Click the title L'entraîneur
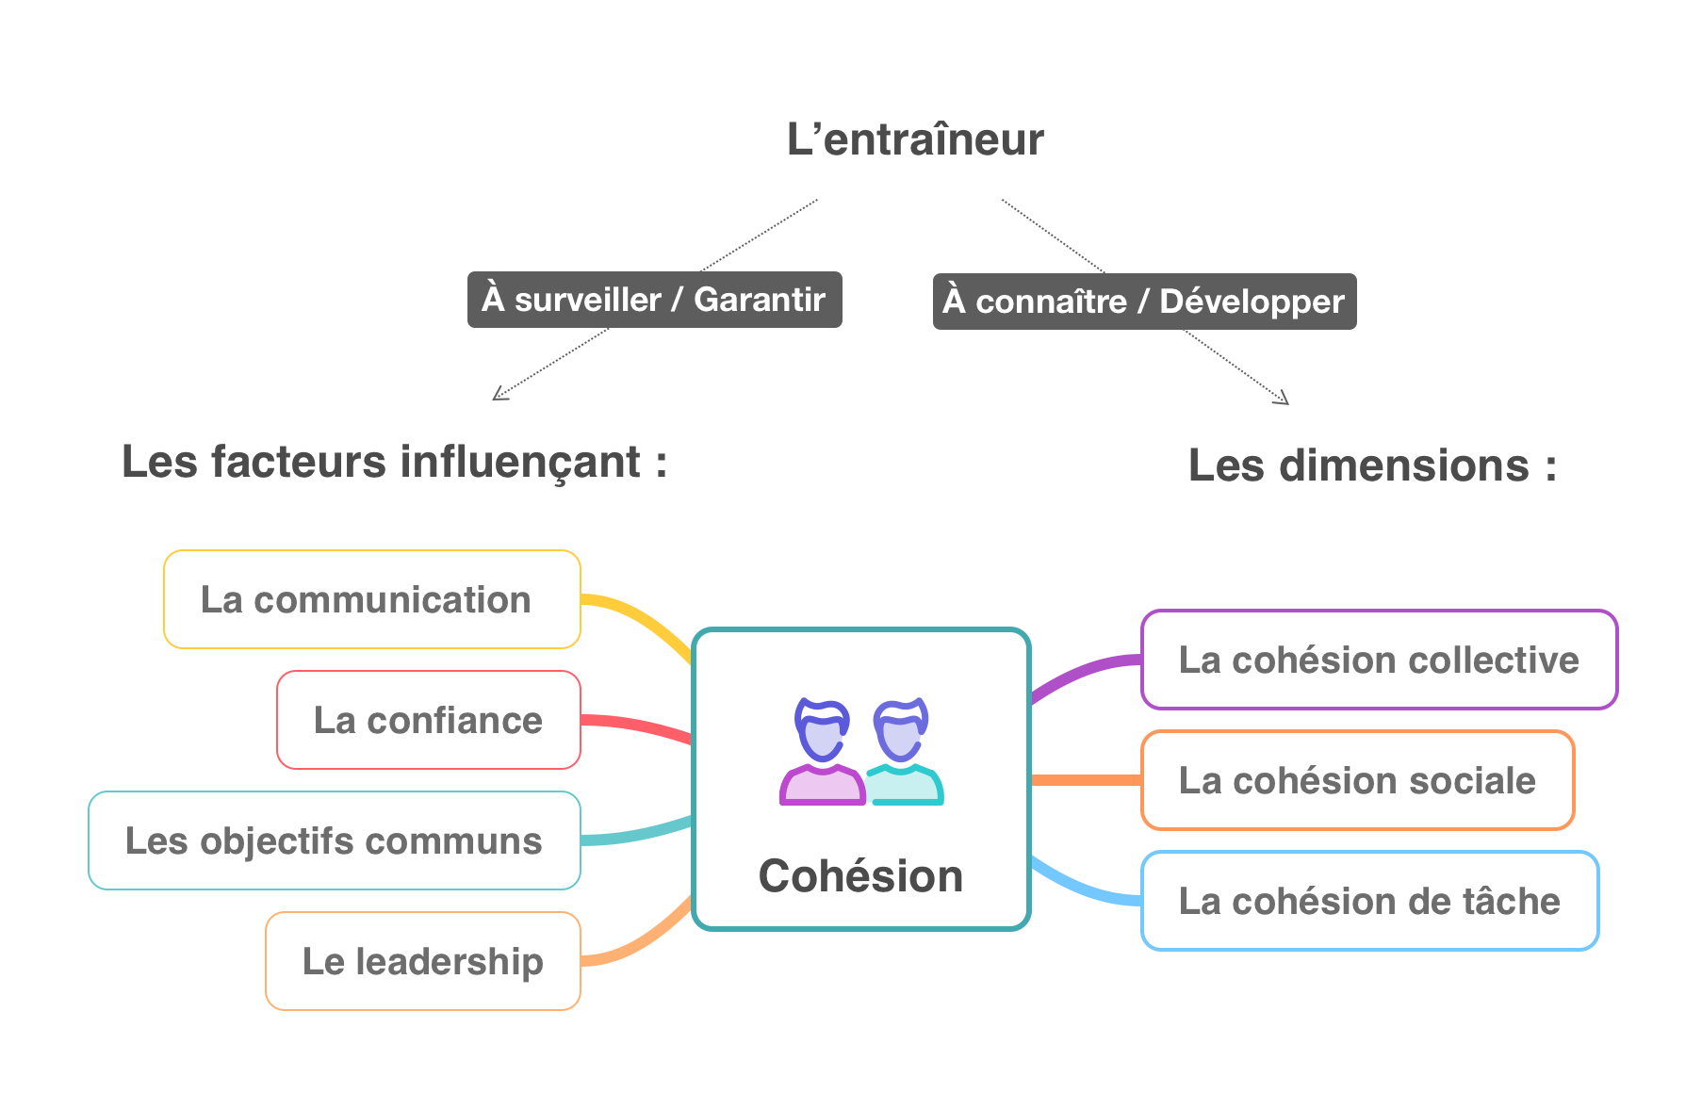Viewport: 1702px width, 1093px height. (915, 139)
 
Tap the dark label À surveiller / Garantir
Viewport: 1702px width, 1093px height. (654, 300)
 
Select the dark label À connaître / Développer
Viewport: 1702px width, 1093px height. (1144, 302)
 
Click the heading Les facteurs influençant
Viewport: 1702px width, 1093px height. (394, 463)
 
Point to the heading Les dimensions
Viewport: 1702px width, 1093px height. (1372, 465)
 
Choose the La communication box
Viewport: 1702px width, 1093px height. (371, 599)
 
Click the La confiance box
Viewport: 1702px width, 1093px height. (428, 720)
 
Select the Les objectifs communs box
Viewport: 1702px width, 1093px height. (334, 840)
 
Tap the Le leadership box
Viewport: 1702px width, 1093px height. (422, 961)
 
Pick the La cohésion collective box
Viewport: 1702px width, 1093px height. (1379, 660)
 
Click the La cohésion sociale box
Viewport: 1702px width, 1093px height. (1357, 780)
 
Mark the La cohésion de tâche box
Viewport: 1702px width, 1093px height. (1369, 901)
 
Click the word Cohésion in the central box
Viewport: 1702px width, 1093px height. (860, 876)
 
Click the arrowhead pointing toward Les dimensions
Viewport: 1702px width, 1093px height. (1283, 400)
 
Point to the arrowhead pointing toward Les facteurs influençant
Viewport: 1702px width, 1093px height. (499, 395)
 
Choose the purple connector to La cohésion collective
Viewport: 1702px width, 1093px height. (1084, 672)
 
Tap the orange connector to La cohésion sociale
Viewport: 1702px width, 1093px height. (1086, 780)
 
